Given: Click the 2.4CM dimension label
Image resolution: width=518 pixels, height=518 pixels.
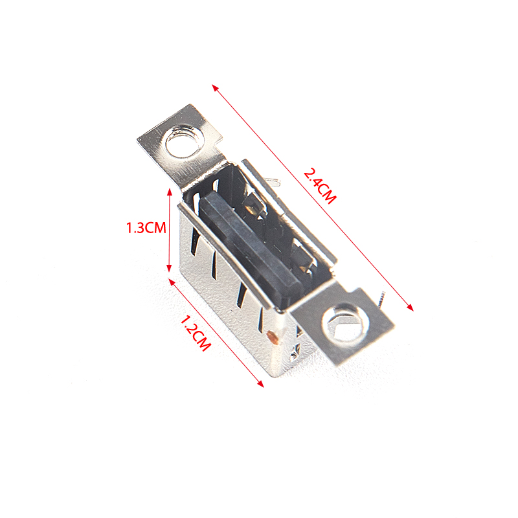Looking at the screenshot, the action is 320,186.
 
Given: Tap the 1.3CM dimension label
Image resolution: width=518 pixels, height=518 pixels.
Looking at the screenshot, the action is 146,228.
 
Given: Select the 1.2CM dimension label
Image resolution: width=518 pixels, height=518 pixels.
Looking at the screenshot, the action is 195,333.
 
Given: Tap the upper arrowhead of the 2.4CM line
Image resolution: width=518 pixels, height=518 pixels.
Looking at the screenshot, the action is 216,88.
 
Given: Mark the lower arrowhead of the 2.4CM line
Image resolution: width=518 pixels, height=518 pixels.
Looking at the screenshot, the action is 410,307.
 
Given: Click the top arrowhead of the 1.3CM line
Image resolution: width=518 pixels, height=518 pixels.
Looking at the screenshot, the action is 170,192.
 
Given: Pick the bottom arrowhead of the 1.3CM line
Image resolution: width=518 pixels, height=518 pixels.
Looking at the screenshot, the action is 169,267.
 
